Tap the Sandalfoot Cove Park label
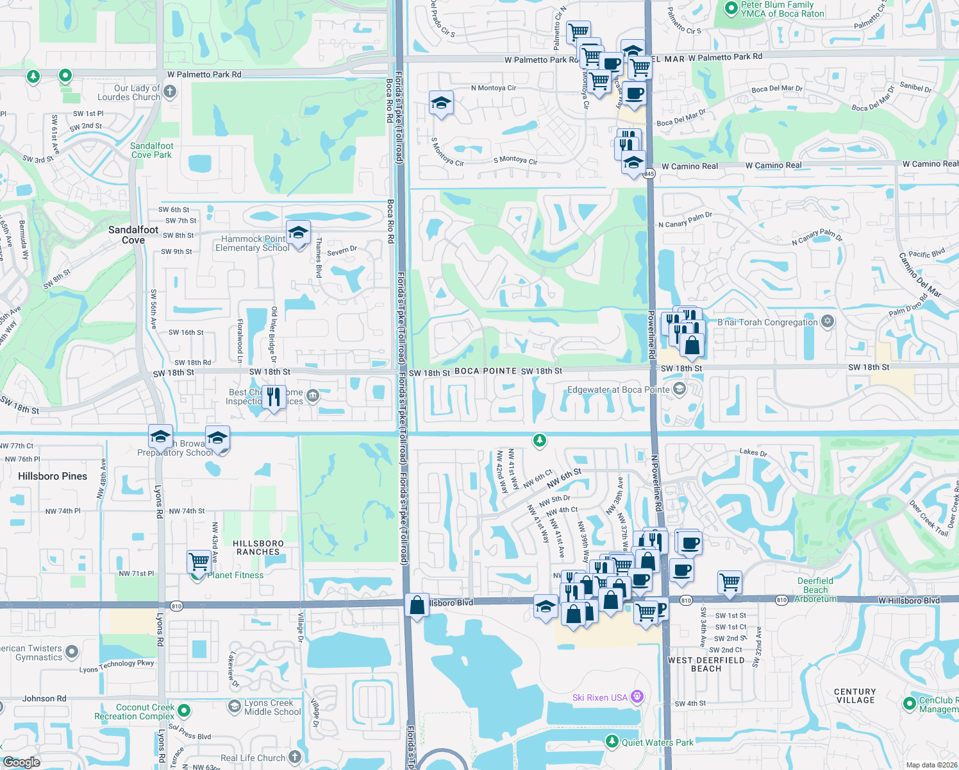(151, 150)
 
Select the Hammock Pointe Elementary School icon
(298, 234)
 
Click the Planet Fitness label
(235, 575)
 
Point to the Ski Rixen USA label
(600, 697)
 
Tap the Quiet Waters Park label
(657, 742)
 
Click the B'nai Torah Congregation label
(767, 322)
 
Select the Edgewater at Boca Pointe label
(618, 389)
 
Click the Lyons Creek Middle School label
(272, 707)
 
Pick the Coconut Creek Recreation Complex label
(134, 712)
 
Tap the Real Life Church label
(253, 758)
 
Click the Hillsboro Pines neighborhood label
(53, 476)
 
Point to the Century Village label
(855, 696)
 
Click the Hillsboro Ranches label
(258, 547)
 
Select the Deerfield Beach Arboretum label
(815, 590)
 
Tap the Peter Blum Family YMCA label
(782, 9)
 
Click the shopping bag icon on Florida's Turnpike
(417, 605)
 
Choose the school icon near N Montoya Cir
(441, 103)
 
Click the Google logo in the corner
(21, 762)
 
